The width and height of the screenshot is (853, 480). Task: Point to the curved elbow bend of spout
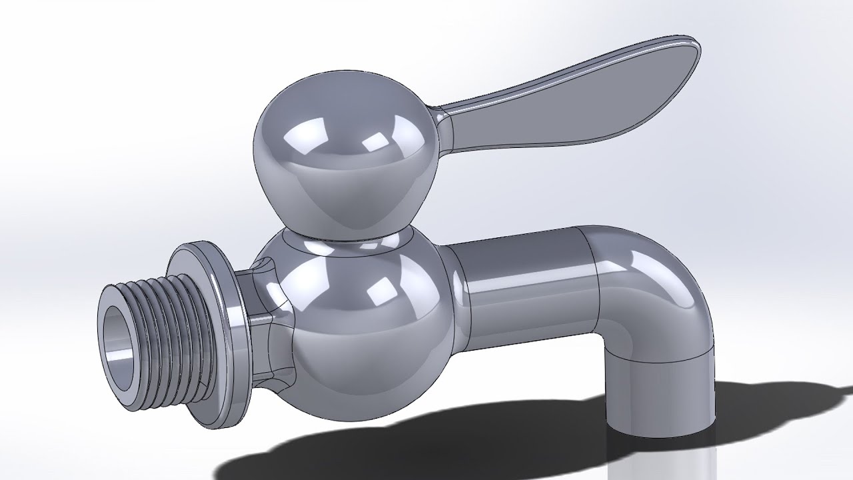pyautogui.click(x=660, y=280)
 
